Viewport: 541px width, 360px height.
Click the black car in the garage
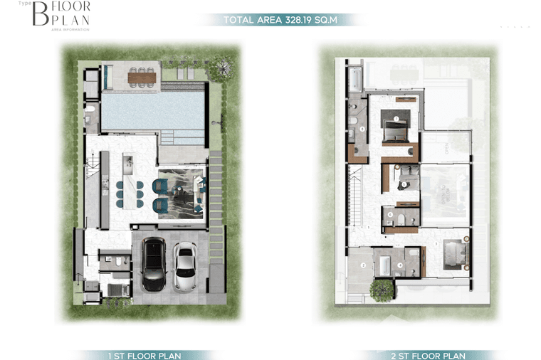pyautogui.click(x=153, y=264)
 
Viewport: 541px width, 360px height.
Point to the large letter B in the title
pyautogui.click(x=40, y=14)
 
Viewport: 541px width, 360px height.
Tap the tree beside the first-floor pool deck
pyautogui.click(x=222, y=68)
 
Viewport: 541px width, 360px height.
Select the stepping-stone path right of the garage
pyautogui.click(x=216, y=206)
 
